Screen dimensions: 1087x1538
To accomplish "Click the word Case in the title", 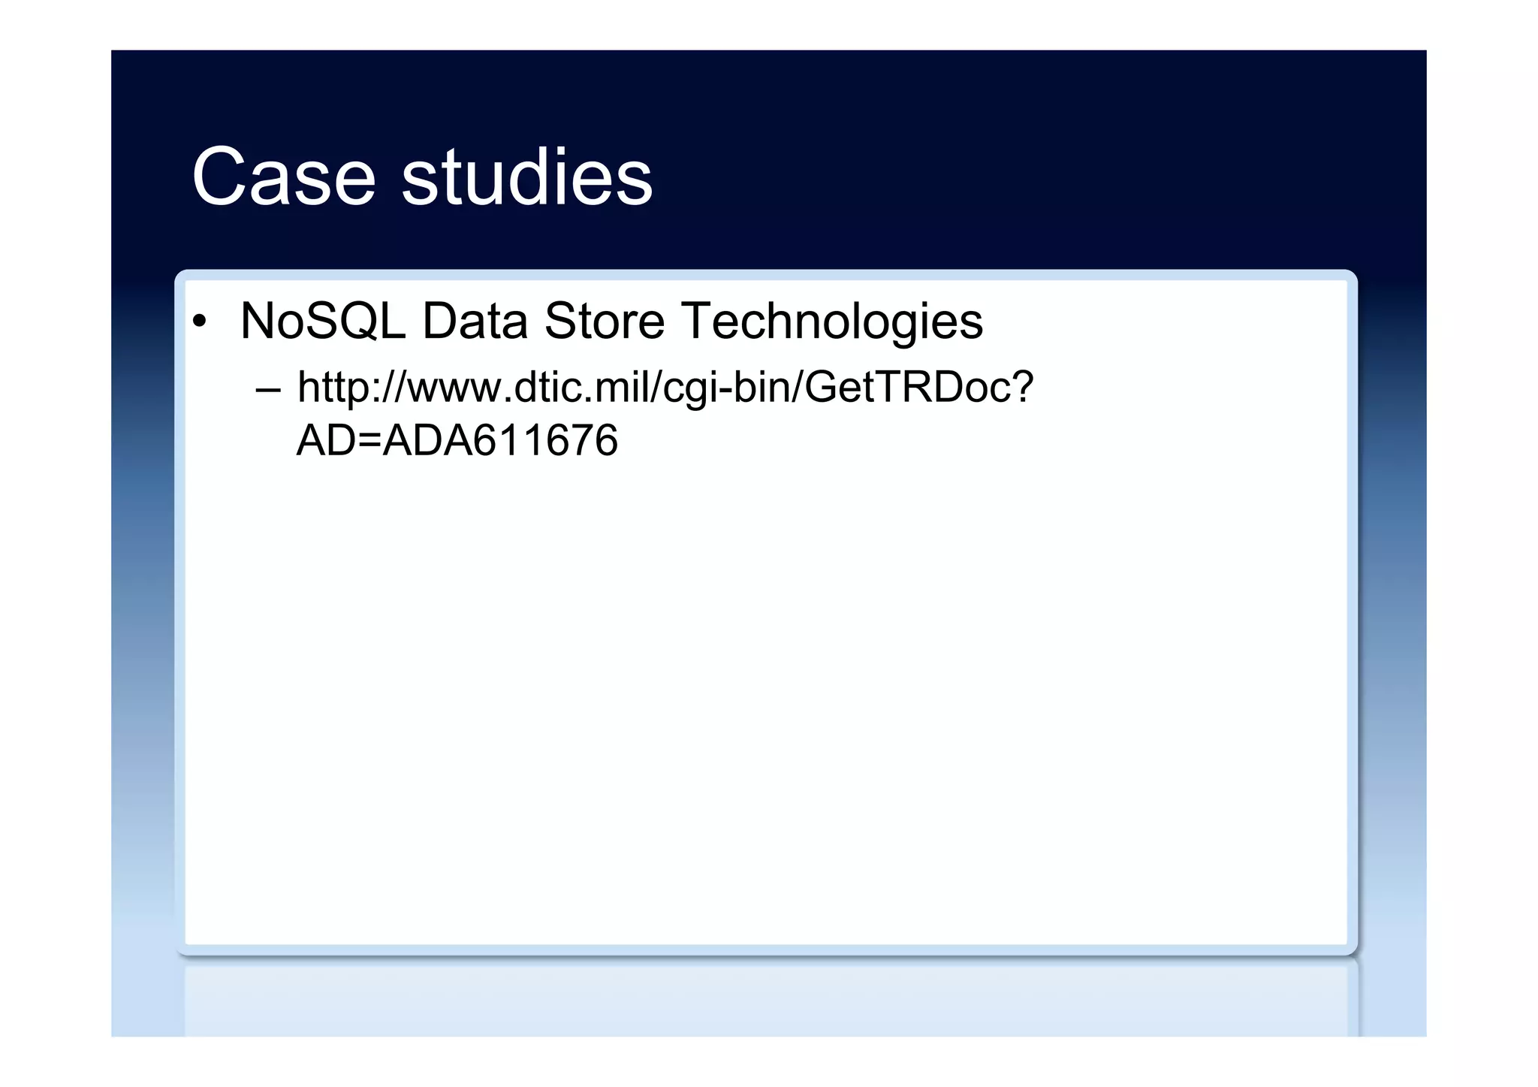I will (283, 177).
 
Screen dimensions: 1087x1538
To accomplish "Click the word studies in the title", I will (527, 177).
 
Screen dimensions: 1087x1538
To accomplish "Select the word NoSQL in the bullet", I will (322, 322).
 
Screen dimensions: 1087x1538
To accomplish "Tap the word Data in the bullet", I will (475, 322).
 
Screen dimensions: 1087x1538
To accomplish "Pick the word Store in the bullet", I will (604, 322).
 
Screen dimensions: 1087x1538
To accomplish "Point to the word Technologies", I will (831, 322).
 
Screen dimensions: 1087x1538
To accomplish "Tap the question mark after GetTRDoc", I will (1022, 388).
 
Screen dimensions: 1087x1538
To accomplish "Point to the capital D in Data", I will (439, 322).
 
